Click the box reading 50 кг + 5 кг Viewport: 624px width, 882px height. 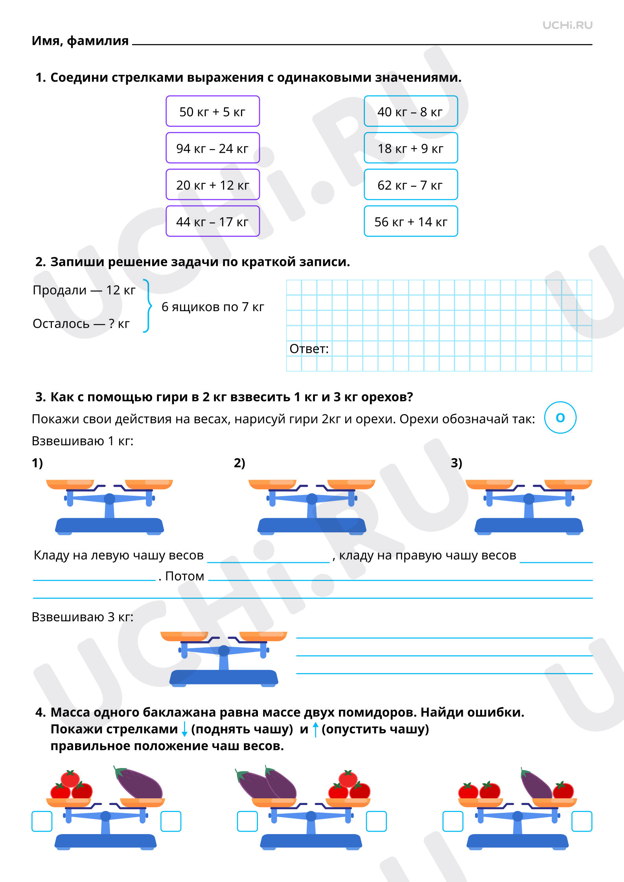(x=212, y=112)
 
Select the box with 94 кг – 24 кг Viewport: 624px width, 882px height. (x=212, y=148)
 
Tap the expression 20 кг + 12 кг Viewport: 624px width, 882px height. (x=212, y=185)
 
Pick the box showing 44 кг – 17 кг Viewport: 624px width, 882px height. (x=212, y=222)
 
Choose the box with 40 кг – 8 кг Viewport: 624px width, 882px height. (x=410, y=112)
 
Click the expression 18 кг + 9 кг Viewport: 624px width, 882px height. (x=410, y=148)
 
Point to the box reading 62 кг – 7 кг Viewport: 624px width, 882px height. (x=410, y=185)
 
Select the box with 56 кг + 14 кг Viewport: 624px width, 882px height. (x=410, y=222)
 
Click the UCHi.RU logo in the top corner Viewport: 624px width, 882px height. (x=567, y=26)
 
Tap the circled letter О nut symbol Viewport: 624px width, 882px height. (x=560, y=418)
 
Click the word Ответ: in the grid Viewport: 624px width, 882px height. (x=309, y=349)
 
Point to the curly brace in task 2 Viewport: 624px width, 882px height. (x=147, y=306)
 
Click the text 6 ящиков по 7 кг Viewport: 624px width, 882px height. (x=213, y=307)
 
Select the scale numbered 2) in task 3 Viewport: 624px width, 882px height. (x=312, y=507)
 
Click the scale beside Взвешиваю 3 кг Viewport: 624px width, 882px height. (x=224, y=659)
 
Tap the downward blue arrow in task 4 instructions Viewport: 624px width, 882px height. (x=184, y=730)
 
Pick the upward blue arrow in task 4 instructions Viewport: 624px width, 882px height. (x=315, y=730)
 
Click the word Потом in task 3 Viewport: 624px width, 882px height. (x=185, y=576)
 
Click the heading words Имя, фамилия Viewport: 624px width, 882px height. (x=80, y=41)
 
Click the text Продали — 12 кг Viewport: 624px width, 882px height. (x=84, y=290)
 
